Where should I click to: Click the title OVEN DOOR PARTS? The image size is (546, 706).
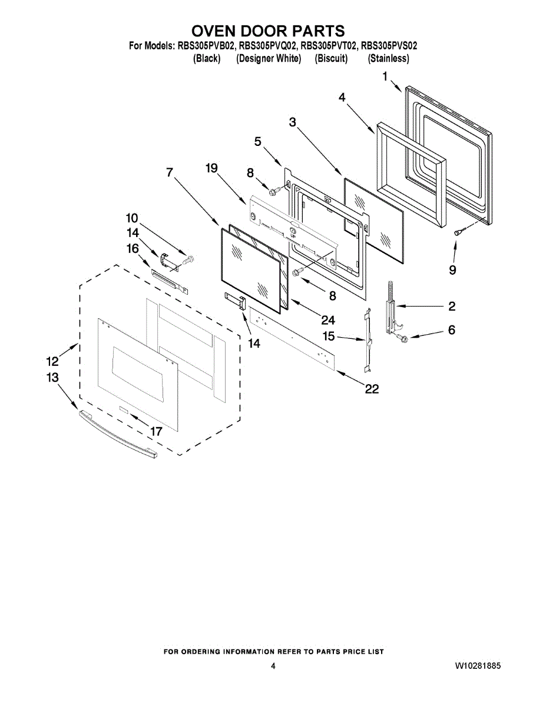point(268,31)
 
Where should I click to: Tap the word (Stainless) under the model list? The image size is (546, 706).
point(389,59)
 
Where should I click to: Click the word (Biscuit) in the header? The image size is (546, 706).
point(331,59)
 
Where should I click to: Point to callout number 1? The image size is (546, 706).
point(385,76)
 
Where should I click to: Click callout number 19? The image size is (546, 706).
point(211,168)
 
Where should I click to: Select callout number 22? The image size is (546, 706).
point(372,389)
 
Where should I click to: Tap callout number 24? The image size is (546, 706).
point(328,320)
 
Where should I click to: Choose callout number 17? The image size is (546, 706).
point(155,431)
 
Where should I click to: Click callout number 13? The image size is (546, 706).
point(53,377)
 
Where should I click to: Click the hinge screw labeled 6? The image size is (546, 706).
point(403,338)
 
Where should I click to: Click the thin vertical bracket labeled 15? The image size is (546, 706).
point(368,341)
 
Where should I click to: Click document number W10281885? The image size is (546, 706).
point(478,666)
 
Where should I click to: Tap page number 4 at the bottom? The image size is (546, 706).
point(273,666)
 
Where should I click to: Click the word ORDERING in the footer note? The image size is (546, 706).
point(200,651)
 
